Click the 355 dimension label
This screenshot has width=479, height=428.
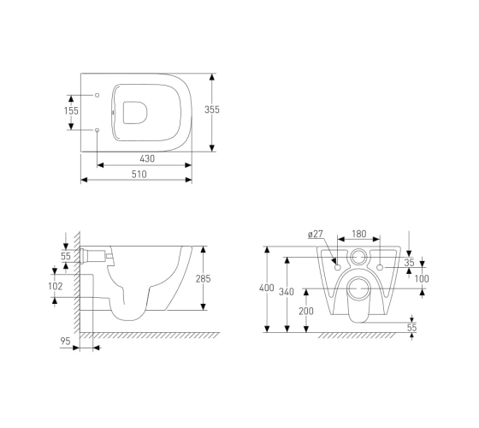coord(212,110)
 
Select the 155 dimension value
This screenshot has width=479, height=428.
coord(71,110)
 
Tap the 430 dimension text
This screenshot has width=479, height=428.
coord(147,158)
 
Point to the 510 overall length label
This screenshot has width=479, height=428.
coord(139,175)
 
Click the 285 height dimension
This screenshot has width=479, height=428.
coord(204,279)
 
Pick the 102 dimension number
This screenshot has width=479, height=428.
coord(56,286)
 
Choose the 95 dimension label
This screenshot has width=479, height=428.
coord(65,342)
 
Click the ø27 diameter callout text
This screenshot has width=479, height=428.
coord(316,235)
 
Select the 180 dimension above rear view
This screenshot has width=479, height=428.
coord(359,234)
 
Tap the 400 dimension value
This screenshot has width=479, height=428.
coord(267,288)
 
